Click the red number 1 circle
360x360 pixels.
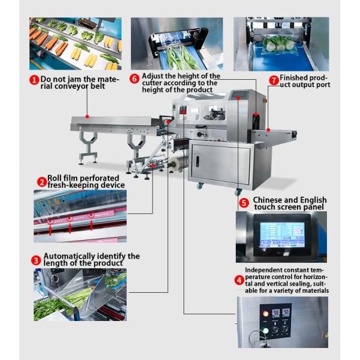(x=34, y=80)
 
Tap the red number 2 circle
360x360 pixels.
(x=42, y=182)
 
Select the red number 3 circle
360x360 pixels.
(x=36, y=260)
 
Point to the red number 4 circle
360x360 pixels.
(x=239, y=280)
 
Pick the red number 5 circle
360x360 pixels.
(x=244, y=203)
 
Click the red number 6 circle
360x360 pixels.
(x=134, y=79)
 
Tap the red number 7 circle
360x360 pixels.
(x=274, y=80)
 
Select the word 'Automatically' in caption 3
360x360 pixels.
(x=69, y=256)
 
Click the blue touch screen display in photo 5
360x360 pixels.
(x=282, y=235)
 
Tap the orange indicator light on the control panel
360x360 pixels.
(x=266, y=314)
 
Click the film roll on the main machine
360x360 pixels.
(x=177, y=163)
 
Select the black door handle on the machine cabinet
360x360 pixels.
(x=197, y=161)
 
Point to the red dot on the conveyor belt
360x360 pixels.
(x=87, y=116)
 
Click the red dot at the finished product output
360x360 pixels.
(x=268, y=130)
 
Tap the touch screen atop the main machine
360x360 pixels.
(x=239, y=94)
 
